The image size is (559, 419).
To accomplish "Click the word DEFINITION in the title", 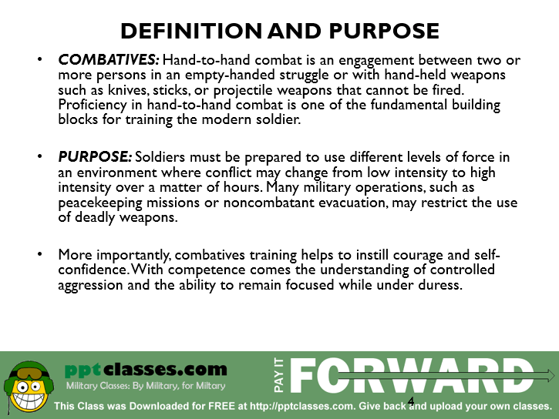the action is click(x=191, y=31).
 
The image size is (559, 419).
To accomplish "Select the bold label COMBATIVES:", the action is click(x=109, y=60).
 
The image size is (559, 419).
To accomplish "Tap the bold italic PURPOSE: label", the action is click(x=95, y=157).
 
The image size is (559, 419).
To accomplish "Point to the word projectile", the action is click(x=243, y=90).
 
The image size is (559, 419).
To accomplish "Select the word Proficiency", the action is click(x=93, y=106).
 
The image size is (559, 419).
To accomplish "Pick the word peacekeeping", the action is click(x=100, y=203).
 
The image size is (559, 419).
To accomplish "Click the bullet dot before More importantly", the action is click(x=39, y=254).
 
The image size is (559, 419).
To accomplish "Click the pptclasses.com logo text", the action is click(x=146, y=370).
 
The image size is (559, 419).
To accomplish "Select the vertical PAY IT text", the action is click(x=279, y=375).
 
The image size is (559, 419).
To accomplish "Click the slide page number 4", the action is click(x=411, y=401).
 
